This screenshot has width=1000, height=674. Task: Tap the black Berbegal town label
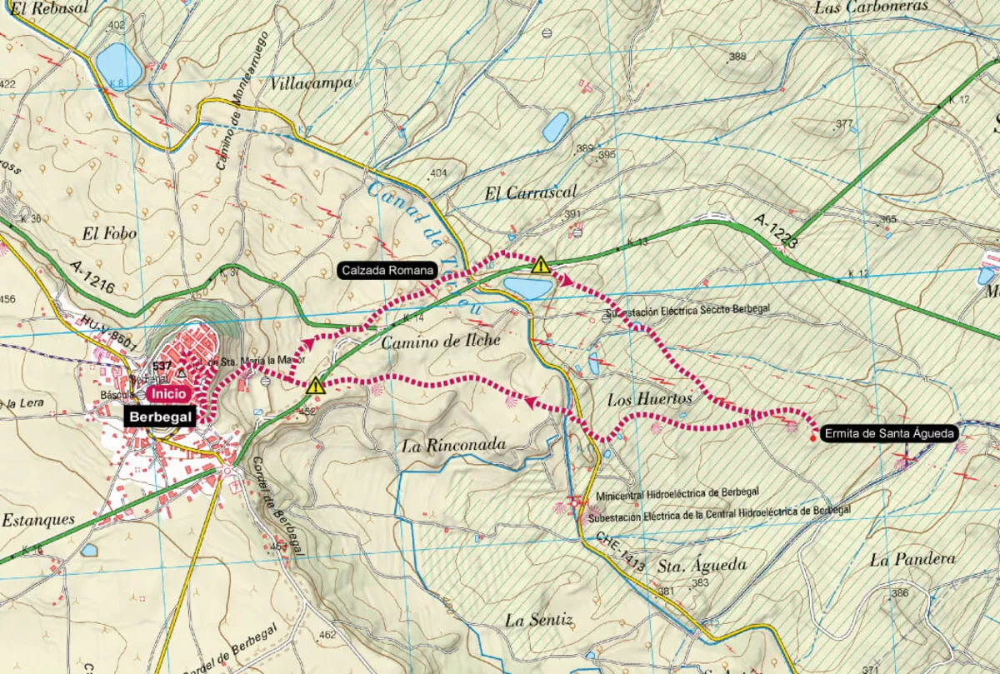pos(161,417)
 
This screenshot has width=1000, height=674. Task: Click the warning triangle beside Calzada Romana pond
pos(541,266)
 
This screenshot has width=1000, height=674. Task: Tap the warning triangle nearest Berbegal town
pos(316,385)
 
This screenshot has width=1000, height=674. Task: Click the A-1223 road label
pos(777,233)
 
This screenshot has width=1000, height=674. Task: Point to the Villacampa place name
pos(312,83)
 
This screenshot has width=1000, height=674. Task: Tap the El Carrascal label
pos(530,192)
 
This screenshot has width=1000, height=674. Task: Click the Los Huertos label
pos(649,399)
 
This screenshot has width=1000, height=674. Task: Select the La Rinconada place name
pos(453,445)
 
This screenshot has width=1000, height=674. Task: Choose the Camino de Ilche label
pos(441,340)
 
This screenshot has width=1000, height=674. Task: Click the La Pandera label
pos(912,559)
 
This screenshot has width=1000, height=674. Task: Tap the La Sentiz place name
pos(539,620)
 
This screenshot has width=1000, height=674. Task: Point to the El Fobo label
pos(109,234)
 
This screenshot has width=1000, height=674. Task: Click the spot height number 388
pos(737,57)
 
